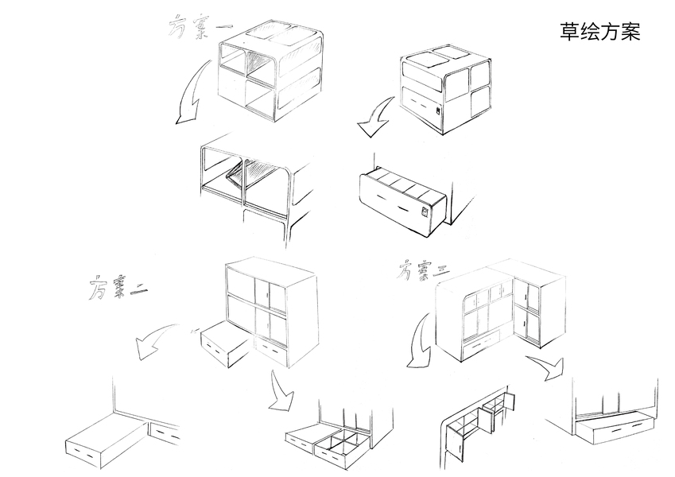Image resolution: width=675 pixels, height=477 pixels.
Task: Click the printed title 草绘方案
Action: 599,32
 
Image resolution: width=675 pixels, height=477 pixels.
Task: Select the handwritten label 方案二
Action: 118,287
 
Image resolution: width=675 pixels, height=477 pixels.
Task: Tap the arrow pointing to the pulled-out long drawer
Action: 374,116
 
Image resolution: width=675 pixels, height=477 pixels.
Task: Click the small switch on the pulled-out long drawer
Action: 425,212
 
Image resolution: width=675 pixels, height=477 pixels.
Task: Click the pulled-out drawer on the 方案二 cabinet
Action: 225,343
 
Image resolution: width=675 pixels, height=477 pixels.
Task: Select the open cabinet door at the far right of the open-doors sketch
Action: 510,401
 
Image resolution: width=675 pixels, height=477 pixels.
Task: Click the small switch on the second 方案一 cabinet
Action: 438,111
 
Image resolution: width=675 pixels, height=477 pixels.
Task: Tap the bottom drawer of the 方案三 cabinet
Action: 481,343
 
